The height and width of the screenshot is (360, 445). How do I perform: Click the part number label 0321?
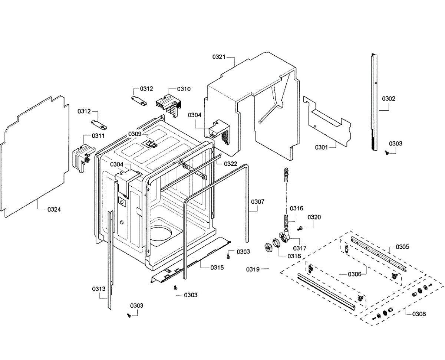click(219, 57)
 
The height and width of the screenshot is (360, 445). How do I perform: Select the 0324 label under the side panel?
click(54, 210)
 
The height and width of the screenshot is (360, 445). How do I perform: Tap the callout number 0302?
click(389, 99)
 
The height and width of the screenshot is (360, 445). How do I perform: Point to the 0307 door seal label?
click(258, 202)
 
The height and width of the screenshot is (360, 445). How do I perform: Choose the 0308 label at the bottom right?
click(419, 314)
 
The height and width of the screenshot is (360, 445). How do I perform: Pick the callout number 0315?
click(217, 267)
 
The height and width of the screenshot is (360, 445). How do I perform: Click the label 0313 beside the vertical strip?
click(99, 289)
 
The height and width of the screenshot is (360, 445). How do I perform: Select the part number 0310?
click(184, 89)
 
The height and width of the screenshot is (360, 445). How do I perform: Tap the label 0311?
click(98, 136)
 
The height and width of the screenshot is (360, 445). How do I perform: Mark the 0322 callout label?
click(230, 164)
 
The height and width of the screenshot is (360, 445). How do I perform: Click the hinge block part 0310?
click(169, 104)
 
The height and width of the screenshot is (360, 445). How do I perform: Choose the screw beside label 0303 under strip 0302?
click(387, 153)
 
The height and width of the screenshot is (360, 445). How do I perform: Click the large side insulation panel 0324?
click(35, 156)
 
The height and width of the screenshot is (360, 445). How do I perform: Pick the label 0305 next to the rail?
click(402, 247)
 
